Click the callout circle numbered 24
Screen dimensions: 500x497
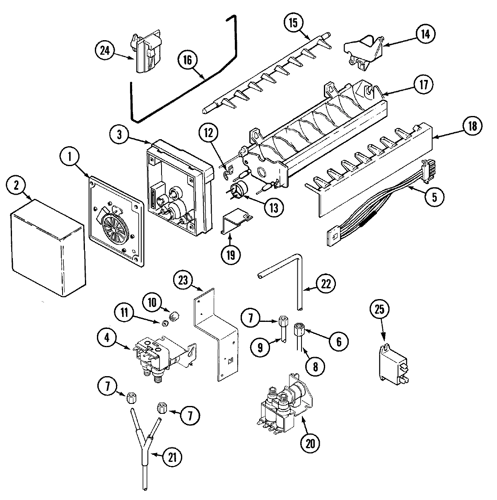pyautogui.click(x=106, y=51)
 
